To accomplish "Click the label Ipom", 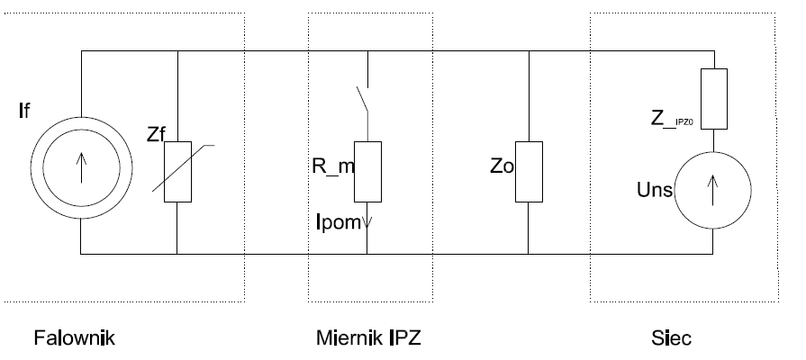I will pyautogui.click(x=339, y=220).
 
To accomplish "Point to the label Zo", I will pyautogui.click(x=503, y=167).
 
